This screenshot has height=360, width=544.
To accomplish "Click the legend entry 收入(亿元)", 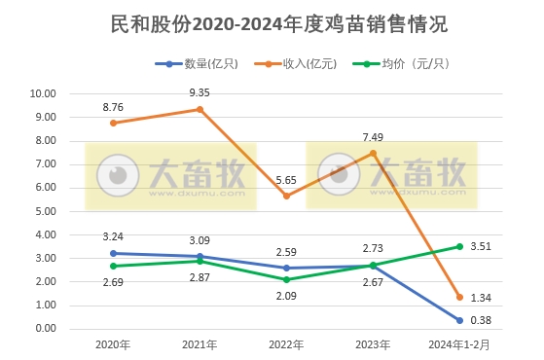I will coord(307,64).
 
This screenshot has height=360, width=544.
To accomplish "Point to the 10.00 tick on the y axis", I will coord(43,94).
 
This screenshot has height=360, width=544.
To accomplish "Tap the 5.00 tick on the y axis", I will coord(43,211).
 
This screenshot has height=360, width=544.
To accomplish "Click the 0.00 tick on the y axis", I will coord(43,329).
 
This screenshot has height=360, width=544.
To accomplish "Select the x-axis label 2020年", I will coord(115,344).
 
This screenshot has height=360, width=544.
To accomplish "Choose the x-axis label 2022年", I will coord(288,344).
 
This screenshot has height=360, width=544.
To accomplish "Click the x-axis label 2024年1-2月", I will coord(460,344).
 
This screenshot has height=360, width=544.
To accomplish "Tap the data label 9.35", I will coord(200,90).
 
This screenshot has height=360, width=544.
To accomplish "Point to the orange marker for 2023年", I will coord(374,153).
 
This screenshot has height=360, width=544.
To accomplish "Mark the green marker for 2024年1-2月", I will coord(459,246).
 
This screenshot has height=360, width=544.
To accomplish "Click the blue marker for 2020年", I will coord(115,253).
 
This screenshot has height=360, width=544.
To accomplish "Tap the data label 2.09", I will coord(287,297).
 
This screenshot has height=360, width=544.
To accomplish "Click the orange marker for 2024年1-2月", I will coord(459,297).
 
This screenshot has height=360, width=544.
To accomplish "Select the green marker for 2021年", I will coord(200,261).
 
